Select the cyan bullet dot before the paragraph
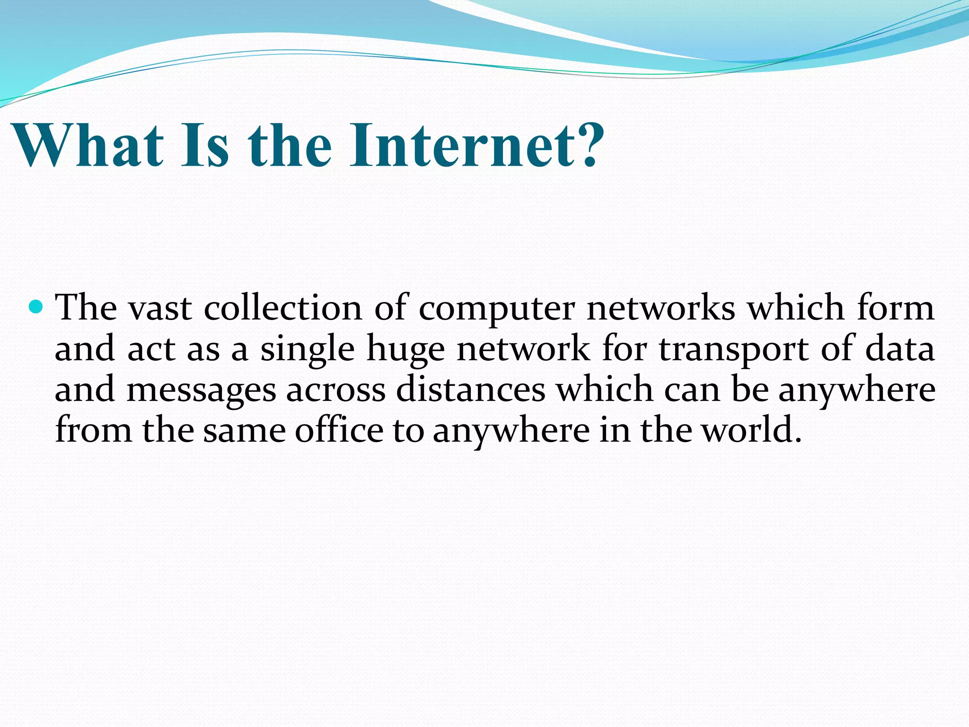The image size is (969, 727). point(35,307)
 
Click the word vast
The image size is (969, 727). point(160,309)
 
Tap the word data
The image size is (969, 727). point(900,349)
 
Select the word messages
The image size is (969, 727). point(201,391)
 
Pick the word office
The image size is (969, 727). point(339,430)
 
